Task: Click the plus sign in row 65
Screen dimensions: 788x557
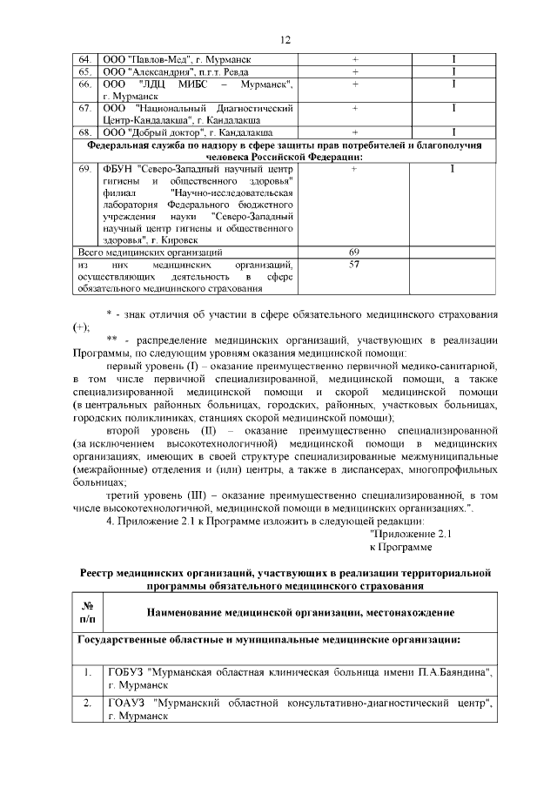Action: (x=354, y=71)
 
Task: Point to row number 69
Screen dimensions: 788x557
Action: (x=84, y=169)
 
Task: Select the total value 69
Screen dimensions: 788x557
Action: (x=354, y=252)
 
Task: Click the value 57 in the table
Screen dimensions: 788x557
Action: (x=354, y=263)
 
